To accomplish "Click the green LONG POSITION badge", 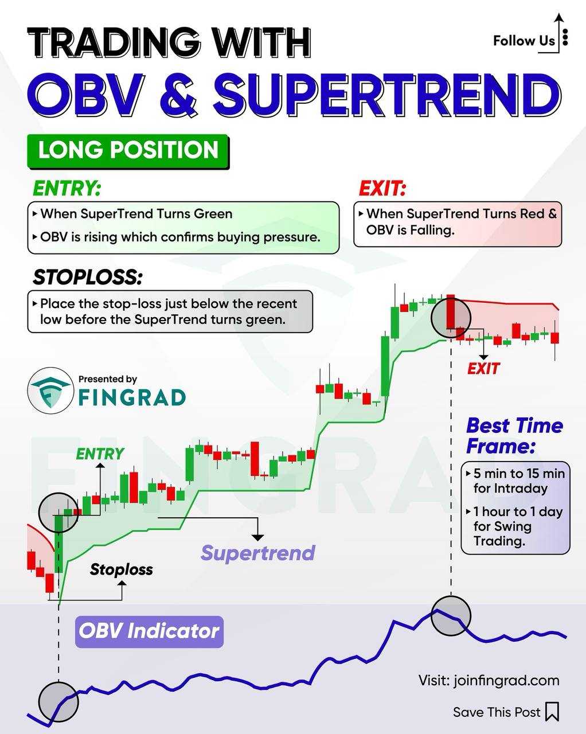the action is point(128,151).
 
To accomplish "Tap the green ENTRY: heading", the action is point(67,188).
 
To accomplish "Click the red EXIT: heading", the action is point(382,188).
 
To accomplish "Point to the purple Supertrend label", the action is point(258,553).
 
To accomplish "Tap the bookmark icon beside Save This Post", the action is point(552,712).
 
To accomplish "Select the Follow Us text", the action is point(524,41).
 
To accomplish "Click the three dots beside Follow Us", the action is point(565,37).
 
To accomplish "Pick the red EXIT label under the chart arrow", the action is point(483,369).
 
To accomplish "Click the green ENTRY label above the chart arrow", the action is point(100,454).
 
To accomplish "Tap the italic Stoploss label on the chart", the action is point(122,569).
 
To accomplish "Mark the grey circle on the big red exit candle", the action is point(451,318).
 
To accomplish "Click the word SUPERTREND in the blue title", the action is point(387,93).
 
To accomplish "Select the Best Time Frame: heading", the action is point(515,436).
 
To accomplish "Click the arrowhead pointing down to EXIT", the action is point(483,357).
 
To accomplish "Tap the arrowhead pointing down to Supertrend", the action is point(258,537).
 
